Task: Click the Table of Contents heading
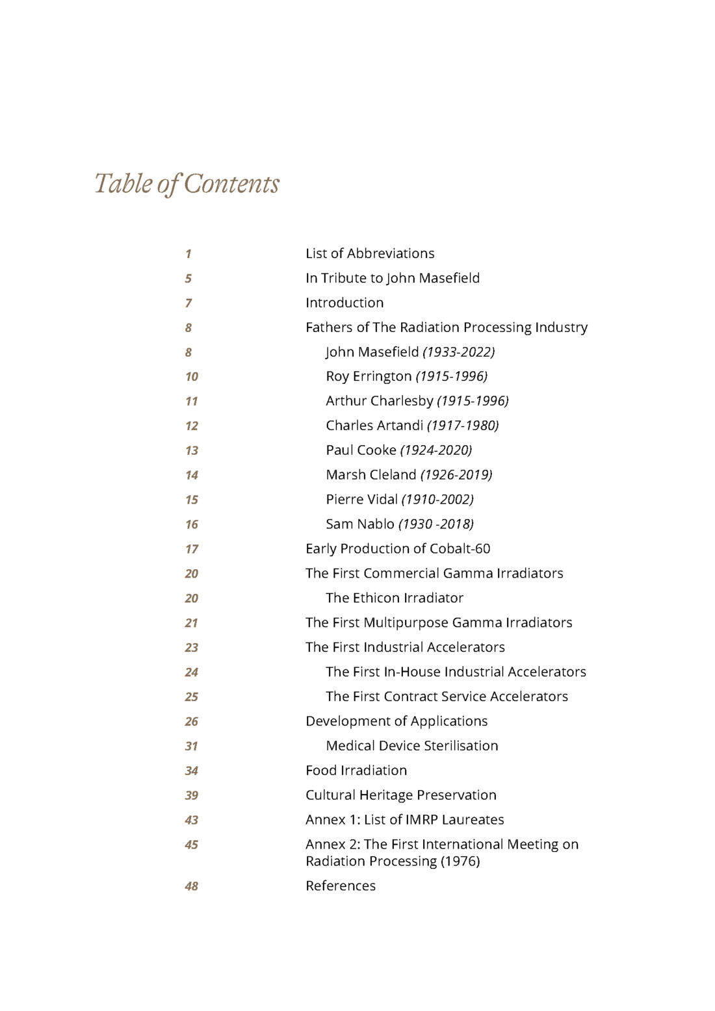click(187, 184)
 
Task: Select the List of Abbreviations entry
click(370, 253)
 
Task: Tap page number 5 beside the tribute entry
click(188, 279)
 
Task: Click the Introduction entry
click(344, 303)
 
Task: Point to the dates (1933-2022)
click(458, 352)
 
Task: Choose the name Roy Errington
click(369, 376)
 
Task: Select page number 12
click(192, 426)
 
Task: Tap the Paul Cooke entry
click(398, 450)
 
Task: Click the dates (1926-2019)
click(456, 475)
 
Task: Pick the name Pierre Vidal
click(361, 500)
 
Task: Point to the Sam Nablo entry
click(399, 524)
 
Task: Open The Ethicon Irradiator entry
click(395, 598)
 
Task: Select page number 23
click(192, 648)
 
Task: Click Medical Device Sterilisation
click(411, 746)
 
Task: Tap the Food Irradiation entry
click(356, 771)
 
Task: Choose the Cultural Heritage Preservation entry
click(400, 795)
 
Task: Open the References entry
click(341, 886)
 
